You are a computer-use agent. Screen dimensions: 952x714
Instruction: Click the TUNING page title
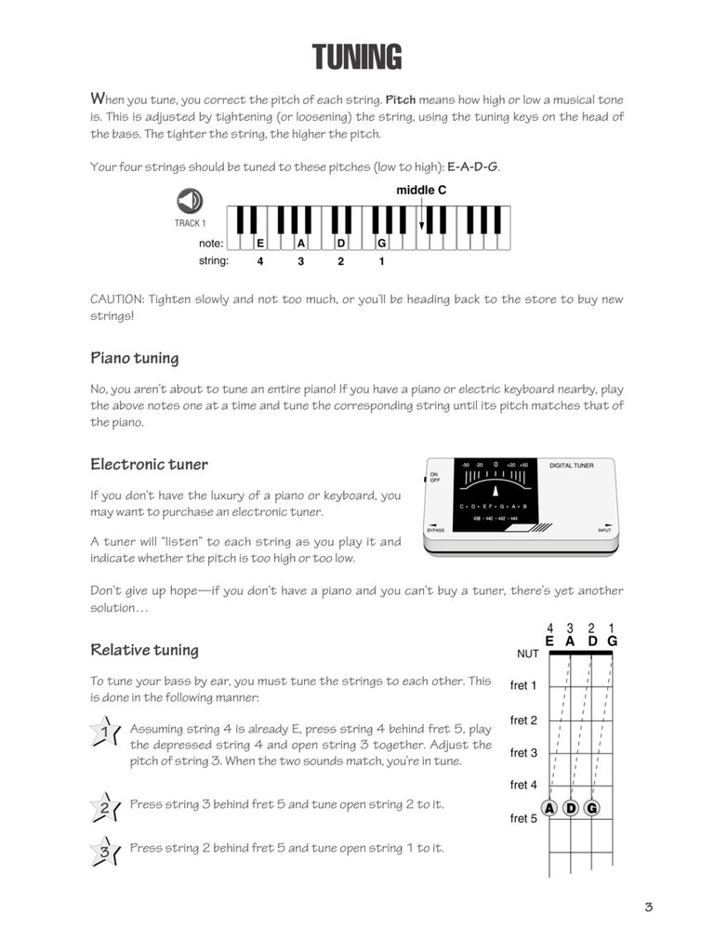357,58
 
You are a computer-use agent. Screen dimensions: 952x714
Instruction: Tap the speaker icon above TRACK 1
190,201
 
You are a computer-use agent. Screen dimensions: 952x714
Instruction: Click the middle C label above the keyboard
421,190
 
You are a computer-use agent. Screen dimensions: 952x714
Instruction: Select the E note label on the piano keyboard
260,243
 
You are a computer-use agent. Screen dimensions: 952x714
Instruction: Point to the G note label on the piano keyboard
381,243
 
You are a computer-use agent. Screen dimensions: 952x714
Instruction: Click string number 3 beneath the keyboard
300,261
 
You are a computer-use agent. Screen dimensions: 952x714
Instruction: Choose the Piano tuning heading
135,358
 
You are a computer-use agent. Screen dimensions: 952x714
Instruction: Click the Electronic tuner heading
149,464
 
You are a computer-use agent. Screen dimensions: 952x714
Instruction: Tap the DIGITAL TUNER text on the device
571,465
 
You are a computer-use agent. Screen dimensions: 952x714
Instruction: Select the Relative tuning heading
144,650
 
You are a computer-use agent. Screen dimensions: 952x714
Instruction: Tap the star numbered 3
104,851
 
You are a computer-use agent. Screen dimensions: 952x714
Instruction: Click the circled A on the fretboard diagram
549,808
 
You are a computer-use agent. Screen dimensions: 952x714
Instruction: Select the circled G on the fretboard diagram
591,808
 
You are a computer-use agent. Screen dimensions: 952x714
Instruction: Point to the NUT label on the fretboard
527,654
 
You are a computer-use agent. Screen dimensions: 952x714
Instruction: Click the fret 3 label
524,752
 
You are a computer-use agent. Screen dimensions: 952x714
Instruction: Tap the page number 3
648,907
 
